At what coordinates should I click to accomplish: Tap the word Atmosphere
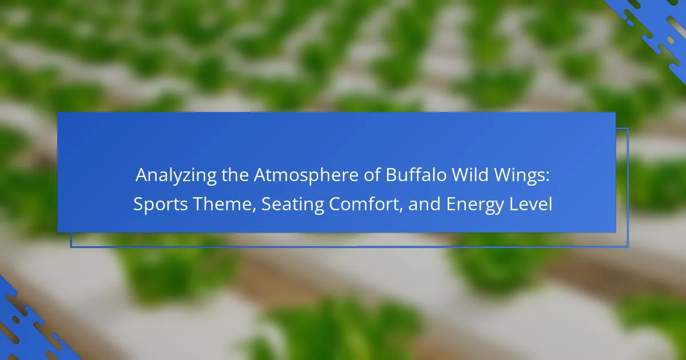[306, 175]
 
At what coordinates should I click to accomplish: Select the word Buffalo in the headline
[416, 174]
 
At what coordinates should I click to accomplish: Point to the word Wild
[470, 174]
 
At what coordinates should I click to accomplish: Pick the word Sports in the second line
[161, 205]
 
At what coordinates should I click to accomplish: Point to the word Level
[531, 204]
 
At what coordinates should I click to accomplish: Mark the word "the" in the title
[235, 174]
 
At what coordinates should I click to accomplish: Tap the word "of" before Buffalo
[372, 174]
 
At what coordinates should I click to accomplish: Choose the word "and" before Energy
[424, 204]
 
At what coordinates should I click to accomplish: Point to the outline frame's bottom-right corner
[628, 246]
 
